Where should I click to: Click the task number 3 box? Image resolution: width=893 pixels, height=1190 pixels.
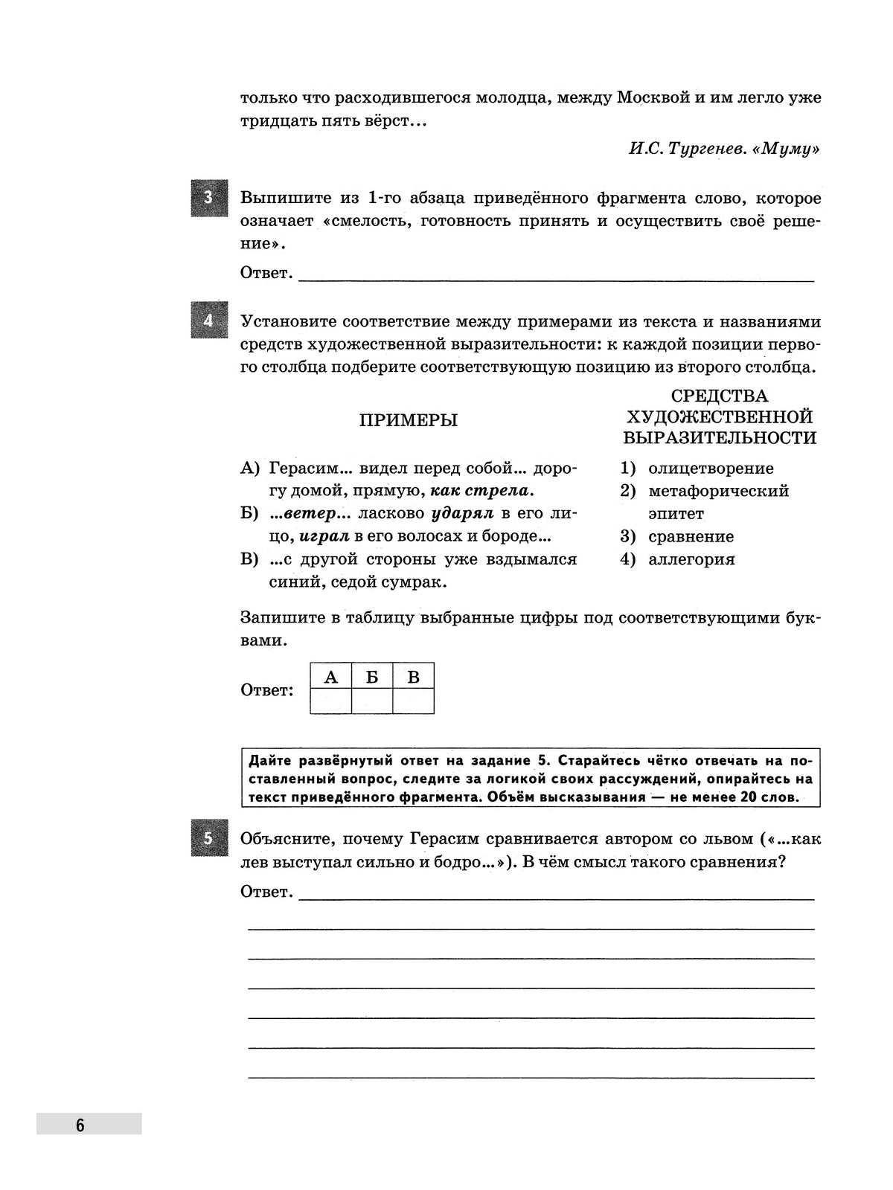click(208, 198)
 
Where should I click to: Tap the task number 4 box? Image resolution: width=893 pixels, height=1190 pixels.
click(208, 321)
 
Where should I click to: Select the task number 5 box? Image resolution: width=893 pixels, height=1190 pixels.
click(208, 838)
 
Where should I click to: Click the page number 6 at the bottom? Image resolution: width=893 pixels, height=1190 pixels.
click(80, 1125)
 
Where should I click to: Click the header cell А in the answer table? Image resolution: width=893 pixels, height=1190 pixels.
click(331, 677)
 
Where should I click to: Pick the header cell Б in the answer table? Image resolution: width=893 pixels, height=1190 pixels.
click(372, 677)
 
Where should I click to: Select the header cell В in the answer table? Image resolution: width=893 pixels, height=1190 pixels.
click(414, 677)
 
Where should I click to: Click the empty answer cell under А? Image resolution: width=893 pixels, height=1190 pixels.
click(331, 701)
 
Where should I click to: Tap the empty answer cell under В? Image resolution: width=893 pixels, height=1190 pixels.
click(414, 701)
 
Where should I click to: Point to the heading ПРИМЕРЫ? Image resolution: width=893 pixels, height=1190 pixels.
click(409, 420)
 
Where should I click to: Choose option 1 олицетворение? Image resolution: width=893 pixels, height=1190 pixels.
click(710, 469)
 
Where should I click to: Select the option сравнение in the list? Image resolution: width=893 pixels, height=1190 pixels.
click(691, 536)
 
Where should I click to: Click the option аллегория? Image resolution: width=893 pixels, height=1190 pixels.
click(691, 559)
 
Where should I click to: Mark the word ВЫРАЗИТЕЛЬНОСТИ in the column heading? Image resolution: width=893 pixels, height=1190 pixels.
click(720, 437)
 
